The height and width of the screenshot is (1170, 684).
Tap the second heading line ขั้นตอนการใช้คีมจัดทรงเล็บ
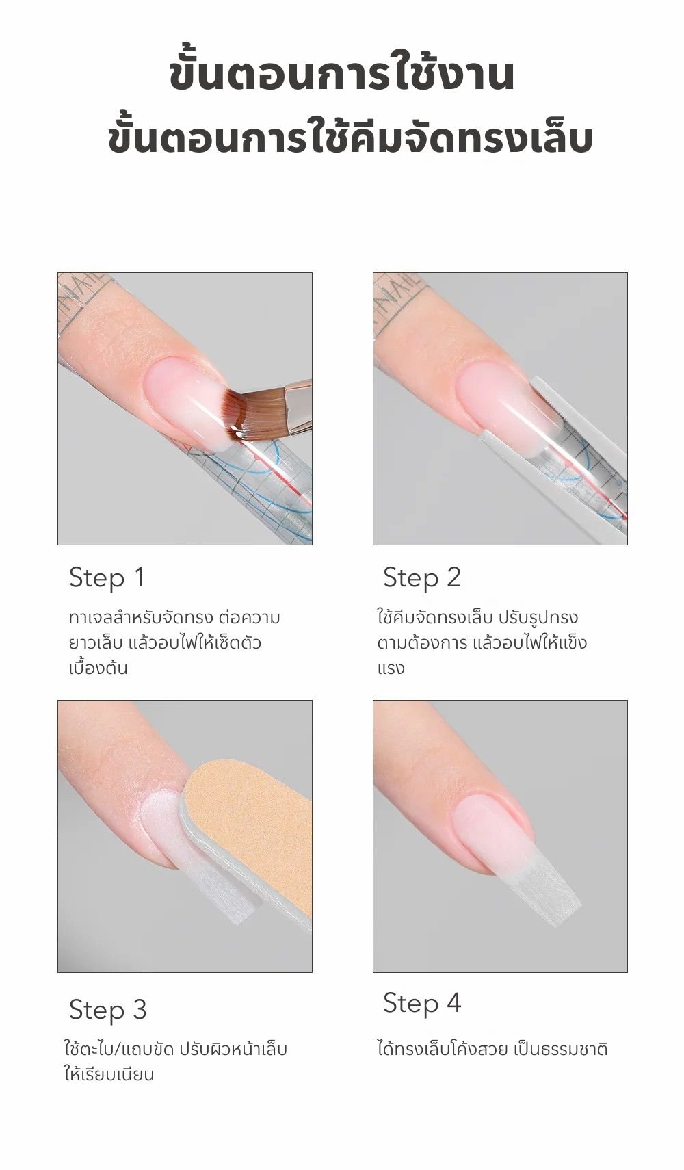350,138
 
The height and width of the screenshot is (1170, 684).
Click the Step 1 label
107,578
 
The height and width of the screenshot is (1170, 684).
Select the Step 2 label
422,578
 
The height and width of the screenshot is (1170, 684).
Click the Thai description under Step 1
174,643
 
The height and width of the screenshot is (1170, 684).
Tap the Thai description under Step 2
482,643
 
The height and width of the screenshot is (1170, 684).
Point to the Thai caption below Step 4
492,1049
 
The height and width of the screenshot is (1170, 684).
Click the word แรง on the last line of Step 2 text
391,669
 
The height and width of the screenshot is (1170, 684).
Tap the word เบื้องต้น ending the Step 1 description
98,668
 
